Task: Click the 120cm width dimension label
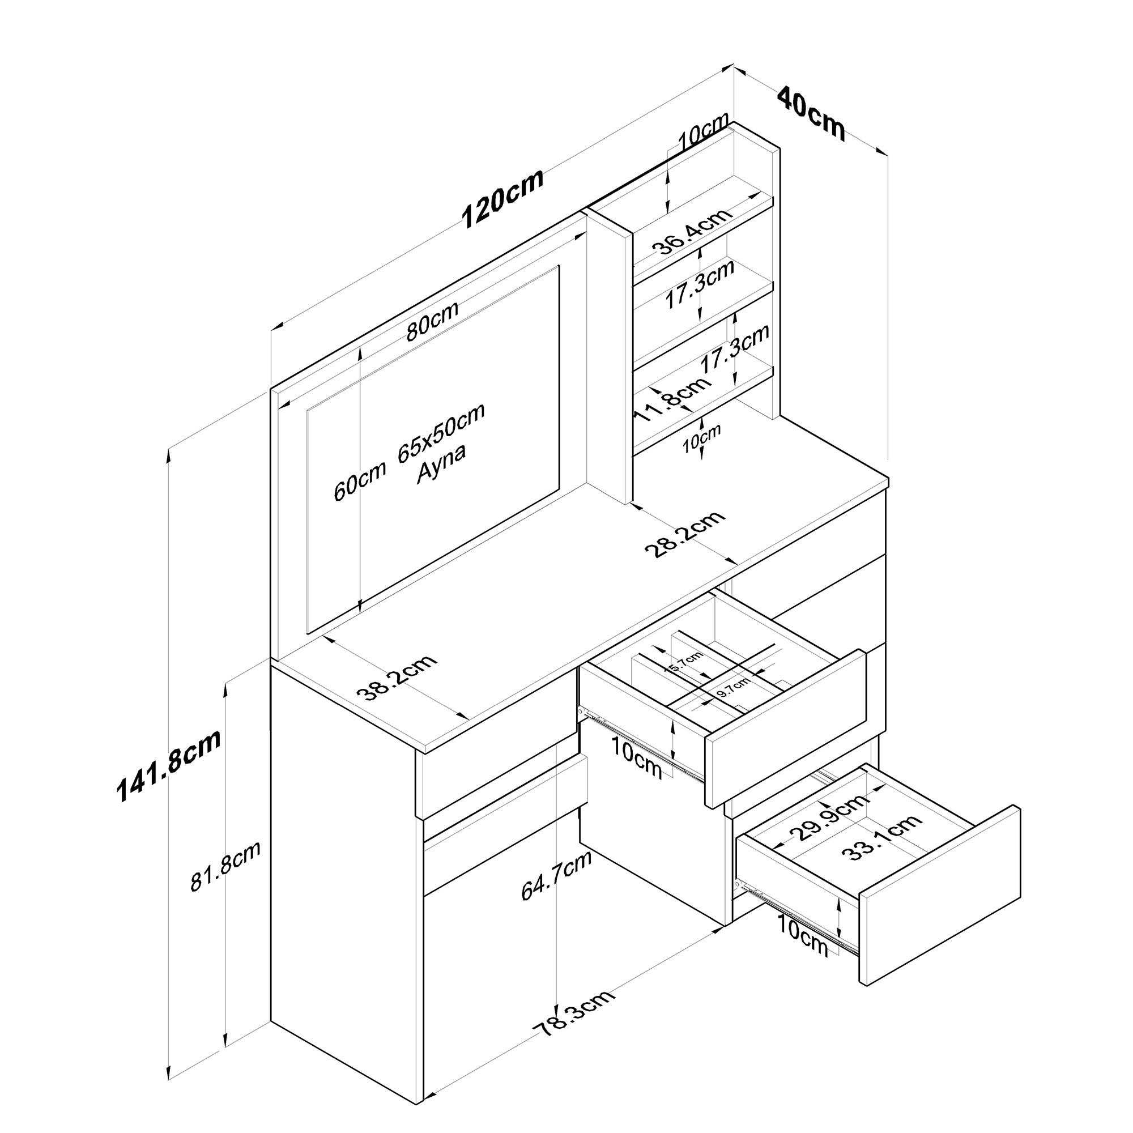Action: click(x=502, y=198)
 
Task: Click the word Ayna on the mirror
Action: click(x=441, y=464)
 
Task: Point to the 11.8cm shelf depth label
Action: click(x=672, y=399)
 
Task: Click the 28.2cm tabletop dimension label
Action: click(x=685, y=534)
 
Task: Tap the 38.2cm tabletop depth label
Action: click(x=397, y=678)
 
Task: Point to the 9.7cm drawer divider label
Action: click(x=732, y=687)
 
